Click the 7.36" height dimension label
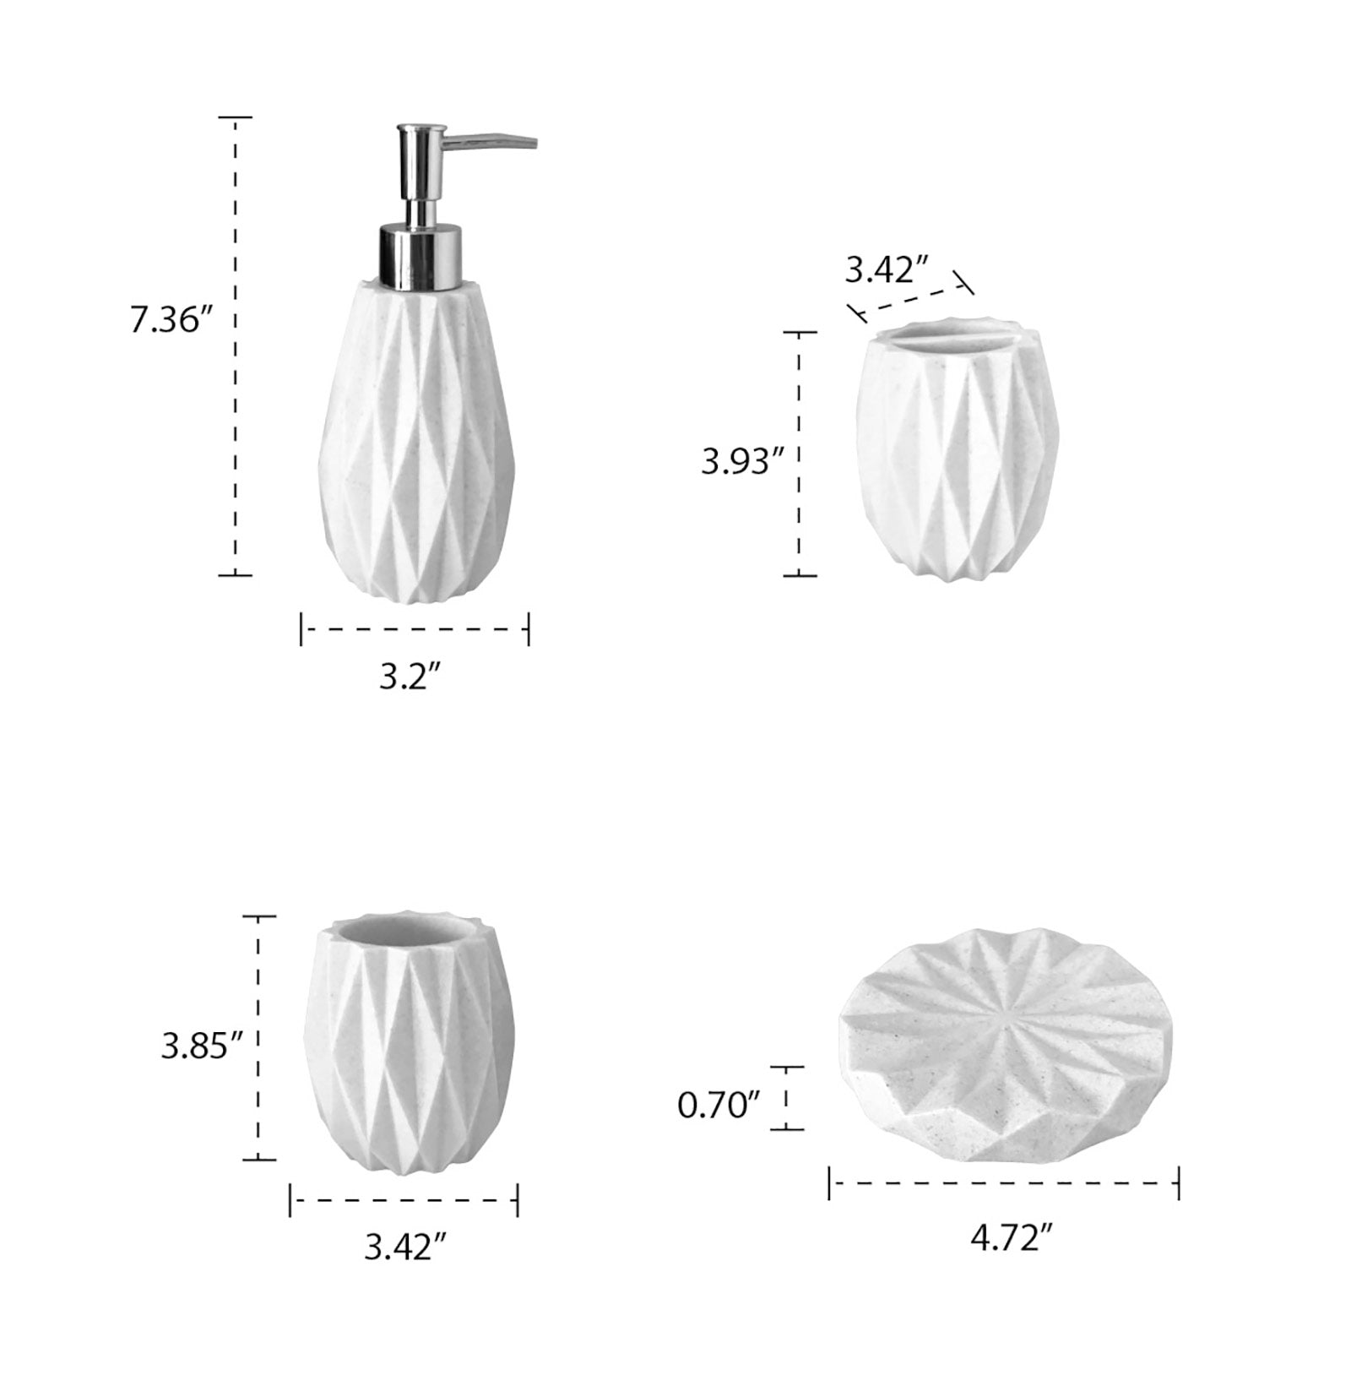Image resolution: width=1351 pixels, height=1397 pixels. click(x=169, y=321)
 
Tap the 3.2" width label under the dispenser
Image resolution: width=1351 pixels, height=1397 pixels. click(x=410, y=677)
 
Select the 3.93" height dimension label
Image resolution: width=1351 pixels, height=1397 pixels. click(x=743, y=461)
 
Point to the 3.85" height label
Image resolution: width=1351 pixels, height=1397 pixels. click(x=203, y=1046)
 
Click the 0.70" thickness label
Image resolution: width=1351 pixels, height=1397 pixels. click(x=719, y=1105)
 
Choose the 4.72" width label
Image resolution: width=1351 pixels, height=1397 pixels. click(x=1012, y=1239)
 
